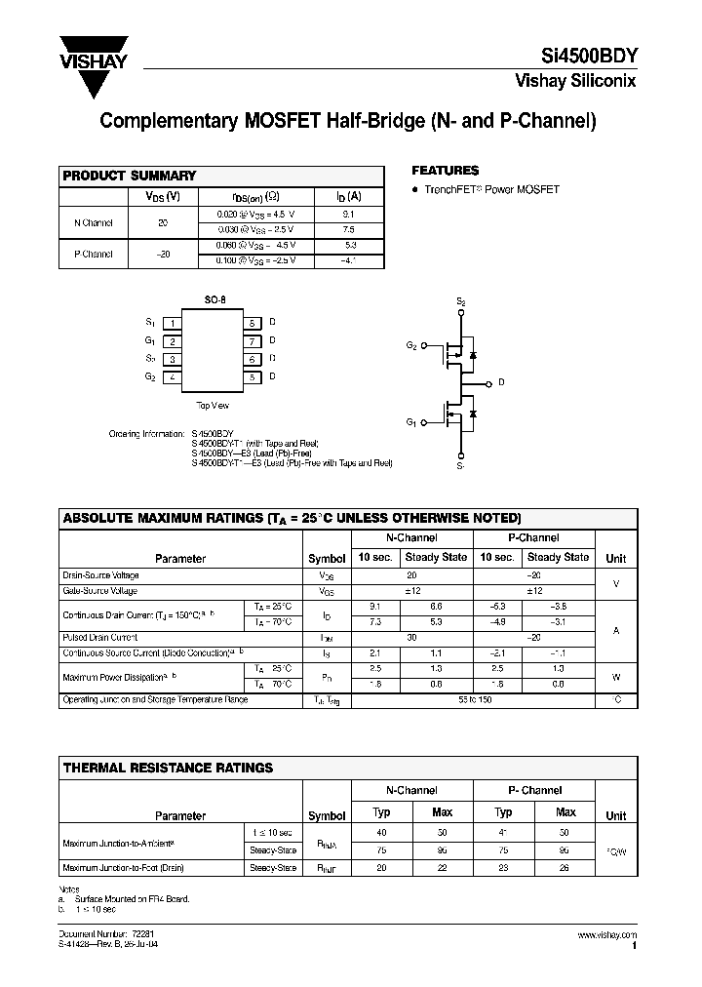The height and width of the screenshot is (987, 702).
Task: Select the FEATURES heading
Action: click(x=445, y=170)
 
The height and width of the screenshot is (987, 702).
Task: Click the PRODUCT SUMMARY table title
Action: click(x=130, y=176)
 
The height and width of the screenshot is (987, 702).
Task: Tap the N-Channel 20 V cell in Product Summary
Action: click(x=163, y=222)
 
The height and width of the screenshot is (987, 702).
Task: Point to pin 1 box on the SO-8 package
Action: click(x=172, y=323)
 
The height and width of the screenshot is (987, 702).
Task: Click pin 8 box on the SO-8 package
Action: click(x=252, y=323)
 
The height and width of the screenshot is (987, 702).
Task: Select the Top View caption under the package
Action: click(x=212, y=405)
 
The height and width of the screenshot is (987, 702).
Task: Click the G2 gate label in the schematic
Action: click(x=411, y=346)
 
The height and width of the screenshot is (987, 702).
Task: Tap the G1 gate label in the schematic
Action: click(x=411, y=421)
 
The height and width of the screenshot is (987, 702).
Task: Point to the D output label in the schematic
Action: click(x=501, y=382)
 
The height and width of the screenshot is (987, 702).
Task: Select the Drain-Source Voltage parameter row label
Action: click(x=100, y=576)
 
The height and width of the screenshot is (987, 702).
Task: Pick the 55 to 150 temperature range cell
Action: click(x=472, y=699)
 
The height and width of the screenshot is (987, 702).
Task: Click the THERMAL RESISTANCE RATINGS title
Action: click(x=168, y=768)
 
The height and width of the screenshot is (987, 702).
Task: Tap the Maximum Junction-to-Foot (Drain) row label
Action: click(x=123, y=867)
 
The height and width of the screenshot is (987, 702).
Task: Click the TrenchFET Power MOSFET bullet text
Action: click(x=491, y=190)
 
